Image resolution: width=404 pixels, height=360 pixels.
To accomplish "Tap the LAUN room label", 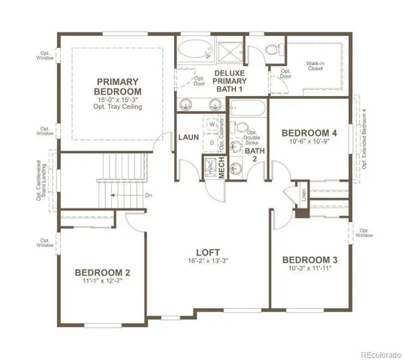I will click(188, 137).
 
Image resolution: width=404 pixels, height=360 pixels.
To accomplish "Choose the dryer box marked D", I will click(212, 140).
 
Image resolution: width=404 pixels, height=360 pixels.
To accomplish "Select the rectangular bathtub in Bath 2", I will click(248, 111).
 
